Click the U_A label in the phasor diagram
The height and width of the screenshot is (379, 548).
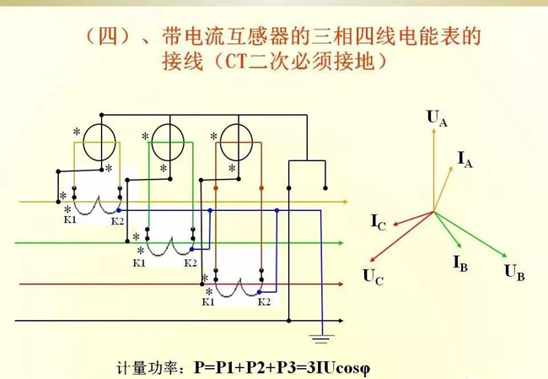pos(437,118)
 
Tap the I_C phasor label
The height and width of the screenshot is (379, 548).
pos(379,223)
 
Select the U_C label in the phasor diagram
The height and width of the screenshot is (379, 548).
pos(372,274)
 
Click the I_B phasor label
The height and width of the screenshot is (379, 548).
pos(460,263)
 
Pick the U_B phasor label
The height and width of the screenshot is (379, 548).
pos(514,272)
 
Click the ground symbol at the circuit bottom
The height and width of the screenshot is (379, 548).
pos(320,340)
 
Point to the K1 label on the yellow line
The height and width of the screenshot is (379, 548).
pos(70,220)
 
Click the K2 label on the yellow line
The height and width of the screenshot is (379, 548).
pos(118,220)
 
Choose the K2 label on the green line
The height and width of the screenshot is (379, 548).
pos(191,263)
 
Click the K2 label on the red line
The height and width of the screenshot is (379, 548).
pos(264,300)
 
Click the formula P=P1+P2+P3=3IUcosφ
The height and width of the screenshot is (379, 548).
pos(282,368)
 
